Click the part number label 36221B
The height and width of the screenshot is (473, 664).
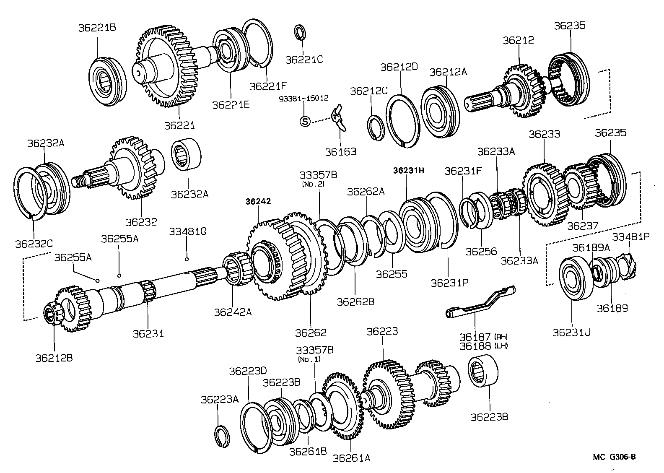(97, 28)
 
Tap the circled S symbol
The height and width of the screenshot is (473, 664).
(305, 122)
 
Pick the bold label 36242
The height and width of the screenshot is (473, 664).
(258, 201)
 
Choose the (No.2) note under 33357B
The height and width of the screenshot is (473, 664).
(312, 183)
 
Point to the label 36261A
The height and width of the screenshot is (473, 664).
(352, 457)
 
